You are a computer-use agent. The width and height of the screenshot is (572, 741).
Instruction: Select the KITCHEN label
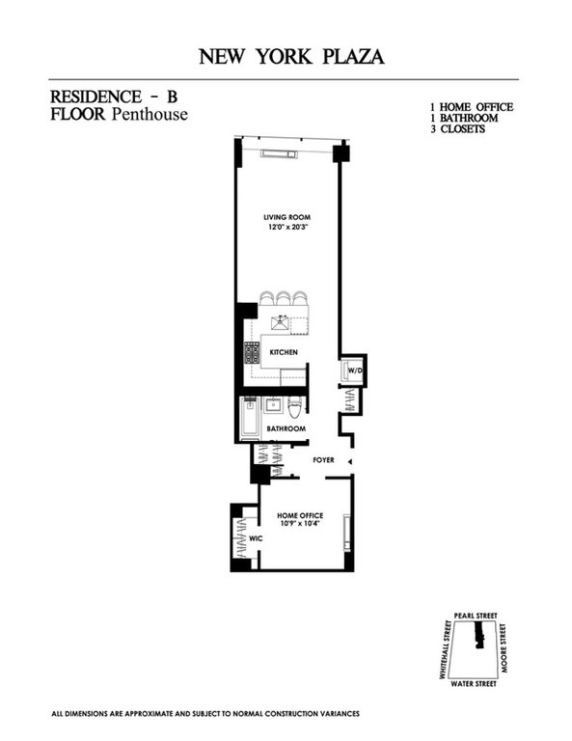[x=283, y=352]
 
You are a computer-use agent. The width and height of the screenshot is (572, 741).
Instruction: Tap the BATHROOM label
[x=286, y=428]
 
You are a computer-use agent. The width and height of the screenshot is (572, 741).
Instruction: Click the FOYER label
[x=322, y=460]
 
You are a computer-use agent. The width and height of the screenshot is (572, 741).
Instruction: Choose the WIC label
[x=256, y=537]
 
